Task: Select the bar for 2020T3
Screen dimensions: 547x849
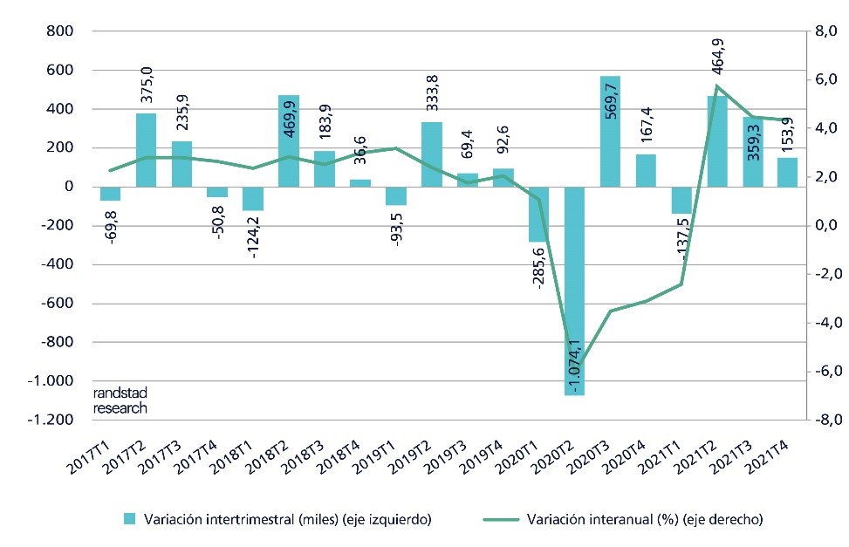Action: [x=611, y=131]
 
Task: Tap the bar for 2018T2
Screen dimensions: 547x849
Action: [x=289, y=140]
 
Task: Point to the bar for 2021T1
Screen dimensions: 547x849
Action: [x=681, y=200]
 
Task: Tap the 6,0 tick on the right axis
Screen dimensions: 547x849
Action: [x=825, y=79]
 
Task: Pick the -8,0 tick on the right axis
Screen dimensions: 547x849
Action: [x=824, y=420]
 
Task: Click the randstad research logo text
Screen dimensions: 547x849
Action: [x=120, y=400]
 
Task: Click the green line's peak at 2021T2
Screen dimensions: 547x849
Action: [x=717, y=85]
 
